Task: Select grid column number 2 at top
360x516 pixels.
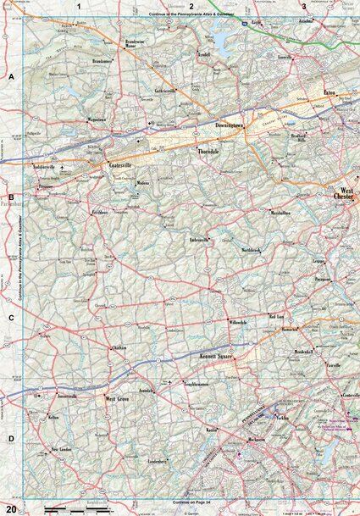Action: (x=191, y=6)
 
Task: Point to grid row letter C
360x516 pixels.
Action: (x=11, y=319)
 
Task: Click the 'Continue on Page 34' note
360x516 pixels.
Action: (x=191, y=502)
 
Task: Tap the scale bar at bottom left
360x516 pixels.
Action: (x=64, y=508)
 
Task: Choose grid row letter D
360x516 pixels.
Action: (x=11, y=438)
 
